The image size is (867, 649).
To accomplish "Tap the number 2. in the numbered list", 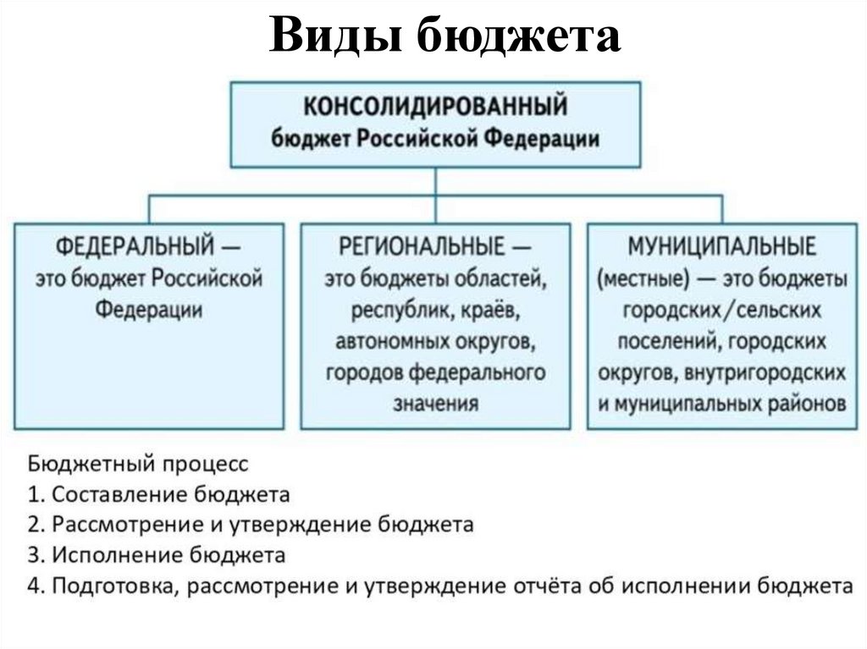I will pos(36,525).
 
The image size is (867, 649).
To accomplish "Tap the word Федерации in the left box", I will pos(148,309).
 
